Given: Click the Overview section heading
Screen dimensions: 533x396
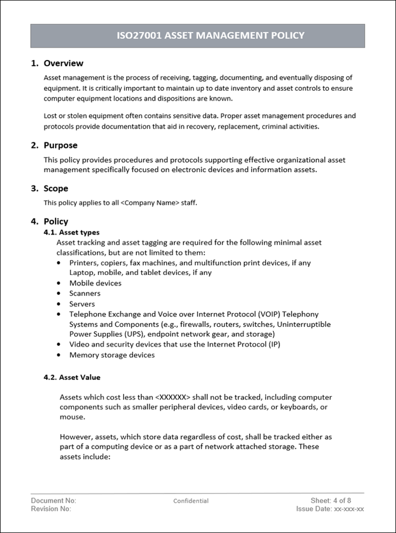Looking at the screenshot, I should (63, 63).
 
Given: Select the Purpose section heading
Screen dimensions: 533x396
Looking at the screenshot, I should (61, 145).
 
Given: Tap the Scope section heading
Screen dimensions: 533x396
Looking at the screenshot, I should (56, 189).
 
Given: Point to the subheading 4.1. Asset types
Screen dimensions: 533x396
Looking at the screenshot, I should (71, 233).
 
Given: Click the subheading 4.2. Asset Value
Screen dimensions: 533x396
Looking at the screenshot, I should (71, 377).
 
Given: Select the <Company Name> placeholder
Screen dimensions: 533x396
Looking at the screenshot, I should (150, 202).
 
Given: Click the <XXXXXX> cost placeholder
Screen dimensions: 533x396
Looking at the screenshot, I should (173, 397).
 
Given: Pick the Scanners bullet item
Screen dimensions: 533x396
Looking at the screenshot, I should (85, 293).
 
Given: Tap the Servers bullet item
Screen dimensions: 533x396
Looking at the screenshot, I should (82, 304).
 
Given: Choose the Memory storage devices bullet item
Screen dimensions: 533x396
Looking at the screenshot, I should (112, 355).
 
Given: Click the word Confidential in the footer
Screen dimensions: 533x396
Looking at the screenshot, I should (191, 501).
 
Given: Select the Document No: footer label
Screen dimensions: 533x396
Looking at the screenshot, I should (53, 501).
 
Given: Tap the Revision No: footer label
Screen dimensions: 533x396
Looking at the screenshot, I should (51, 509).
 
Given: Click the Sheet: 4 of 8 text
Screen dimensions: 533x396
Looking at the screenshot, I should (331, 501).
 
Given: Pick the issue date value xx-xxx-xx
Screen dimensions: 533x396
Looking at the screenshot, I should (349, 509).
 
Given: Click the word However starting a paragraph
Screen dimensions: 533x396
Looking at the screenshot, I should (75, 437).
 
